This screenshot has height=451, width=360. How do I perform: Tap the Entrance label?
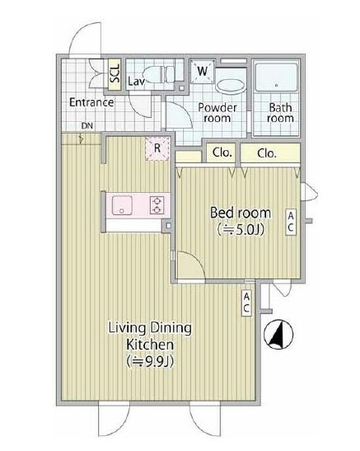click(x=91, y=103)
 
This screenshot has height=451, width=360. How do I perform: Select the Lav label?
click(x=138, y=82)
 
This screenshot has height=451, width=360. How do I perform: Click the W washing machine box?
click(x=202, y=72)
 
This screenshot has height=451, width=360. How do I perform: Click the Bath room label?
click(x=281, y=113)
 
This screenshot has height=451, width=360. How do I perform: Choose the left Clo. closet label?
click(x=222, y=153)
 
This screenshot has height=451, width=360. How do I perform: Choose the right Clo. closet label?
click(x=265, y=153)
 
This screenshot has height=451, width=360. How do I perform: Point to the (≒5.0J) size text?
click(x=239, y=230)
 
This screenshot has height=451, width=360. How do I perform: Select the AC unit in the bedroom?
click(x=291, y=221)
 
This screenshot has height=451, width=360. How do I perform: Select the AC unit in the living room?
click(x=246, y=303)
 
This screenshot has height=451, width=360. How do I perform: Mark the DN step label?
click(x=86, y=126)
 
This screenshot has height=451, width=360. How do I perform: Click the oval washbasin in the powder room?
click(x=230, y=84)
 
